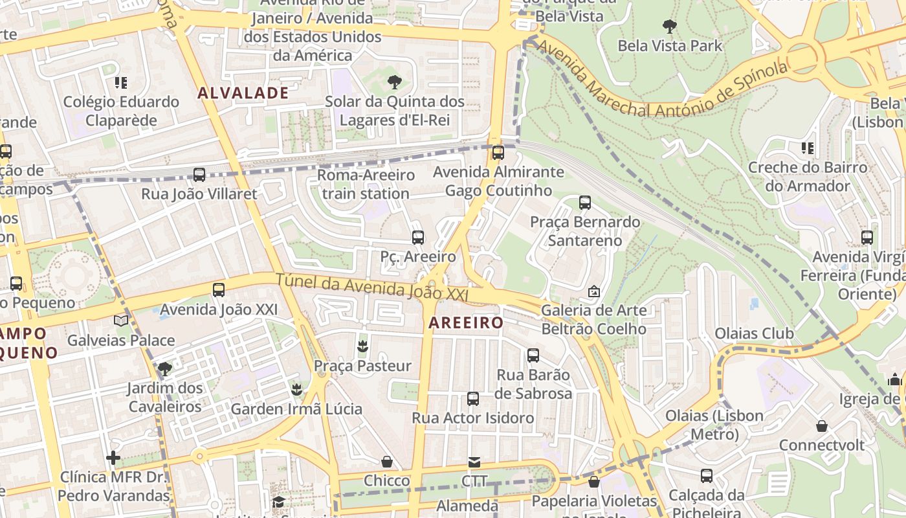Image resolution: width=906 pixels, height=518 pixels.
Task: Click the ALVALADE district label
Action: tap(243, 93)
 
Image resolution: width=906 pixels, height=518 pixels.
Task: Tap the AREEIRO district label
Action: tap(466, 322)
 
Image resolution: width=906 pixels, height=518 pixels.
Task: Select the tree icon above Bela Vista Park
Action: tap(670, 27)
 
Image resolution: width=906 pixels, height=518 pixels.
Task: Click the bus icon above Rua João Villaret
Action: tap(199, 175)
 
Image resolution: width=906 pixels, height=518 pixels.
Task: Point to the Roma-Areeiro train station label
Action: tap(366, 185)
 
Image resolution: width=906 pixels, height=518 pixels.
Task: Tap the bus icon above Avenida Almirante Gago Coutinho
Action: tap(498, 153)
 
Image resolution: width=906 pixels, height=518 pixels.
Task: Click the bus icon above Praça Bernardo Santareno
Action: tap(585, 203)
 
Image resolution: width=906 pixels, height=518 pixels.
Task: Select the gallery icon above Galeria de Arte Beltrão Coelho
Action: tap(593, 291)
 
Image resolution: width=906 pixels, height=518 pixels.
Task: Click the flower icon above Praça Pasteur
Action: tap(362, 346)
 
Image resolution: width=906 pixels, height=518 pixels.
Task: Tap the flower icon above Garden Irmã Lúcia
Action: tap(296, 389)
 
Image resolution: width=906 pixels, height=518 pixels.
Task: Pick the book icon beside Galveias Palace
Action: tap(120, 321)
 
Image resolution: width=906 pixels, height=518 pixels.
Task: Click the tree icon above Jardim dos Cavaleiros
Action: tap(165, 369)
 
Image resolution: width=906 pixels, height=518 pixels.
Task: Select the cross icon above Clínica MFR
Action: tap(113, 458)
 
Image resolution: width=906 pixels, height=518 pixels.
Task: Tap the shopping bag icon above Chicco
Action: tap(387, 462)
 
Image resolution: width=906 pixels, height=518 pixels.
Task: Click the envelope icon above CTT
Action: tap(474, 462)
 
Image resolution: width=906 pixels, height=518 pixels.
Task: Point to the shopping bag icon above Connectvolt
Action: tap(821, 426)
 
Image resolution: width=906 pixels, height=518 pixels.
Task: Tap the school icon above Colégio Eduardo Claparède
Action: tap(120, 83)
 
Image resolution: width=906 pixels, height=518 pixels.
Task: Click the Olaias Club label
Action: tap(754, 333)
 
